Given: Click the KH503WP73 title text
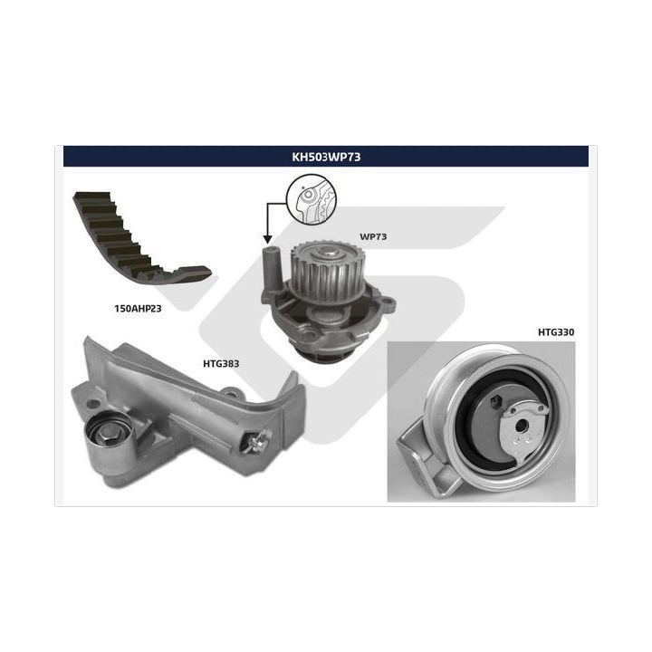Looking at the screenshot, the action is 326,157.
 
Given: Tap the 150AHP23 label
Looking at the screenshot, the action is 138,309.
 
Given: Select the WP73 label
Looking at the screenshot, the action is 373,236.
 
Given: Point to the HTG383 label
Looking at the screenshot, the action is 221,364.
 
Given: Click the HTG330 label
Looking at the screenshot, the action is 556,332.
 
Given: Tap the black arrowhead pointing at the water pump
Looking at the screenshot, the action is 267,239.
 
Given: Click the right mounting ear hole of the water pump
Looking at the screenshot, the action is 388,301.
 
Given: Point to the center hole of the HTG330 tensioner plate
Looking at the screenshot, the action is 520,425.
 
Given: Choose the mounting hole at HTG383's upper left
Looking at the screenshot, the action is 95,403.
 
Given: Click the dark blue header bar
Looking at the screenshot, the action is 326,157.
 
